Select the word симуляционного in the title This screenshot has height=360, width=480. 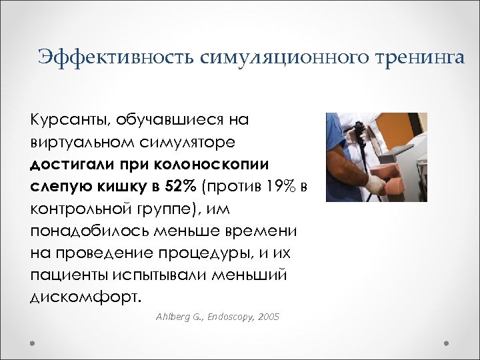coord(279,57)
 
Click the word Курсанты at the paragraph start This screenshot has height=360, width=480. coord(70,120)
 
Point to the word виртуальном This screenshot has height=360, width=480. coord(83,142)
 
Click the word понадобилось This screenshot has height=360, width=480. coord(86,230)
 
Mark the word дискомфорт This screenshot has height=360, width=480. coord(85,296)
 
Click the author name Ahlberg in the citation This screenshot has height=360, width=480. coord(171,317)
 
